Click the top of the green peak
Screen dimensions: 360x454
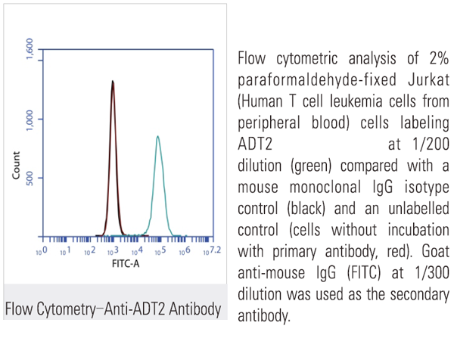click(157, 136)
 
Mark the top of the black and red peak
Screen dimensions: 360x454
click(113, 81)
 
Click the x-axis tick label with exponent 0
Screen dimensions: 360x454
click(43, 250)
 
